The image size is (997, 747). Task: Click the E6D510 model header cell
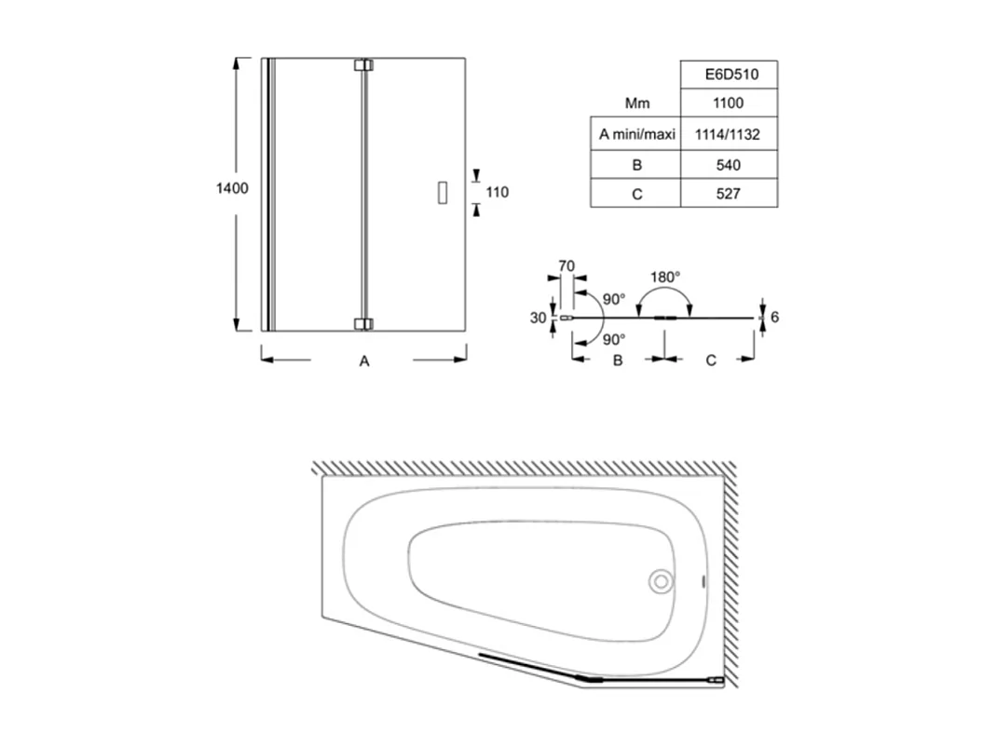(x=729, y=74)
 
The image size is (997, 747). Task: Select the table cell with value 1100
(x=729, y=103)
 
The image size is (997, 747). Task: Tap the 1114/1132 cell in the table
(x=729, y=134)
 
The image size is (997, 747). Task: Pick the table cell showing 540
(x=729, y=165)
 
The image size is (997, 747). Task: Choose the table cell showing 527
(x=729, y=194)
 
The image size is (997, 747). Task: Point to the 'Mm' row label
(x=637, y=103)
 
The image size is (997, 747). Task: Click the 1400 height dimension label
(x=232, y=188)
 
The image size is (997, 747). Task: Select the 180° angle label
(x=665, y=277)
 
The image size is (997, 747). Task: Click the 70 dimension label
(x=566, y=266)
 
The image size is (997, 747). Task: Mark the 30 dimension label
(x=538, y=318)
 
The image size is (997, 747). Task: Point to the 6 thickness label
(x=774, y=318)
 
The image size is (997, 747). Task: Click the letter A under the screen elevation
(x=364, y=361)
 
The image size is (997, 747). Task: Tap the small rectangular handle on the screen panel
(x=443, y=192)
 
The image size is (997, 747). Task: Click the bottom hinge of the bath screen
(x=363, y=324)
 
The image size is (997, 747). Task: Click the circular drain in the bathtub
(x=661, y=582)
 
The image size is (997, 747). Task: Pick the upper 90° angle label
(x=613, y=299)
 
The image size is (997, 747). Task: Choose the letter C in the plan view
(x=711, y=360)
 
